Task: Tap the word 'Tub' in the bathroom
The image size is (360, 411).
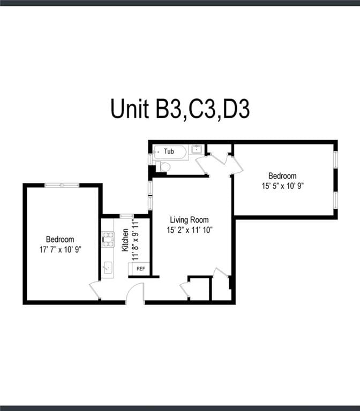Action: click(169, 151)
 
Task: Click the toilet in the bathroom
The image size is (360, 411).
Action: click(163, 167)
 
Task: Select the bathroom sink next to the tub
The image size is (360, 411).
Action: click(196, 149)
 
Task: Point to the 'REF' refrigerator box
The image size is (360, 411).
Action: click(140, 269)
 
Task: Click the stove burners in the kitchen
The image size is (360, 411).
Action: click(108, 239)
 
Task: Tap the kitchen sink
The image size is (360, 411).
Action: click(108, 267)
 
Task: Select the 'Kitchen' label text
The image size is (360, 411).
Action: click(125, 240)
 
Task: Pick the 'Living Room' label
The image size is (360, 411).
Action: click(189, 220)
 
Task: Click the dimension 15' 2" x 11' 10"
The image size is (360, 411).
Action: click(189, 230)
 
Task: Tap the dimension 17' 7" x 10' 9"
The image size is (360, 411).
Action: click(60, 249)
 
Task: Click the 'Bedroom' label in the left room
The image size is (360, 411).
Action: click(60, 239)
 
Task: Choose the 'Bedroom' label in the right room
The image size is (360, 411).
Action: click(282, 176)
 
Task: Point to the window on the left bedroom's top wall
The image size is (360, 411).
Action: click(62, 185)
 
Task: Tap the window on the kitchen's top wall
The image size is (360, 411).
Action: click(127, 216)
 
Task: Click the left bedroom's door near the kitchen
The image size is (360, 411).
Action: click(95, 291)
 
